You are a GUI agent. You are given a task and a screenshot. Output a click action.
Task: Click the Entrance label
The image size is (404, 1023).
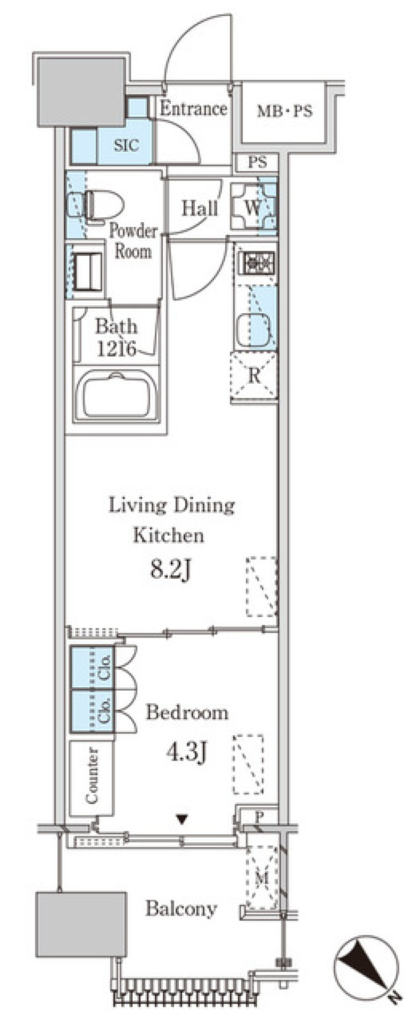194,109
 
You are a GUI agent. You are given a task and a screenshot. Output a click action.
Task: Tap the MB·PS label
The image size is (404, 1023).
285,111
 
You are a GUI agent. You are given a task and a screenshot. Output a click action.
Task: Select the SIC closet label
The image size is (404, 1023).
126,145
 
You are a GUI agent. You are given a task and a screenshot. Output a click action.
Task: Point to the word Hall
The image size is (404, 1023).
199,208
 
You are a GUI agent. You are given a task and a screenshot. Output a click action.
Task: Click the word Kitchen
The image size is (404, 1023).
168,535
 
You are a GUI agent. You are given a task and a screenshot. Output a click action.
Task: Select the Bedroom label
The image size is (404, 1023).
187,712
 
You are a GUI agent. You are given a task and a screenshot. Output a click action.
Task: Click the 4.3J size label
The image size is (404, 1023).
186,752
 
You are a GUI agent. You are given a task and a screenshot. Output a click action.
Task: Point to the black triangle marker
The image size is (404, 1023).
182,819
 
